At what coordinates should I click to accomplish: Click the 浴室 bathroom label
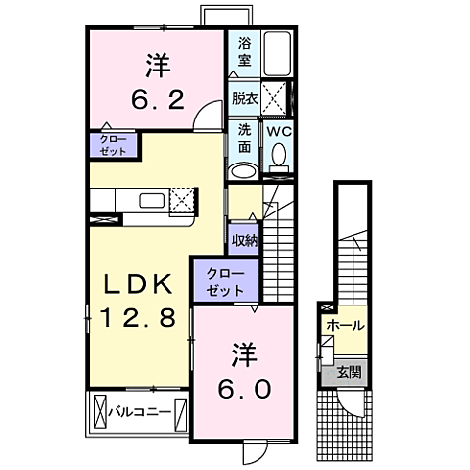pos(243,52)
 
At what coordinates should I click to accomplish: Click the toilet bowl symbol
pos(280,157)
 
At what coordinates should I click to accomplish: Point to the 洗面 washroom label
pos(243,139)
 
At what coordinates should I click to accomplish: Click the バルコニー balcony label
pos(139,411)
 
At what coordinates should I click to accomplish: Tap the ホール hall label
pos(346,325)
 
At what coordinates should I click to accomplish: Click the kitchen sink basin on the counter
pos(154,201)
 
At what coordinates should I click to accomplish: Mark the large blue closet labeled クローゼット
pos(225,281)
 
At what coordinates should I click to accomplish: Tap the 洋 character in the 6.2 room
pos(158,66)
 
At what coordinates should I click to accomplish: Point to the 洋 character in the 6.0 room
pos(244,352)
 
